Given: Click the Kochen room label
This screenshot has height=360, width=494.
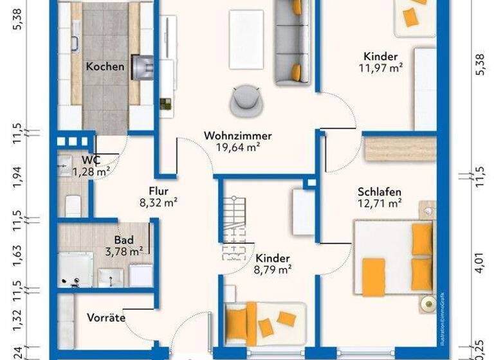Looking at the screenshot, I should click(x=105, y=66).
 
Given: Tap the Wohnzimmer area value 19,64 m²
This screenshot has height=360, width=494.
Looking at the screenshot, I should click(x=238, y=147).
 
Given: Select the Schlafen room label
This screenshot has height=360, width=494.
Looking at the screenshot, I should click(x=380, y=192).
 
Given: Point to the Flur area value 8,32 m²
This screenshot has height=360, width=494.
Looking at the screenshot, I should click(x=158, y=201).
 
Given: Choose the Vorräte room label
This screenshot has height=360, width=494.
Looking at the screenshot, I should click(x=106, y=318).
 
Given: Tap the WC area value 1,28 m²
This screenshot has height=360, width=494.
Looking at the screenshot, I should click(x=91, y=171).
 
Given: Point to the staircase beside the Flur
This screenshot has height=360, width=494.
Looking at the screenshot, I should click(x=233, y=229).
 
